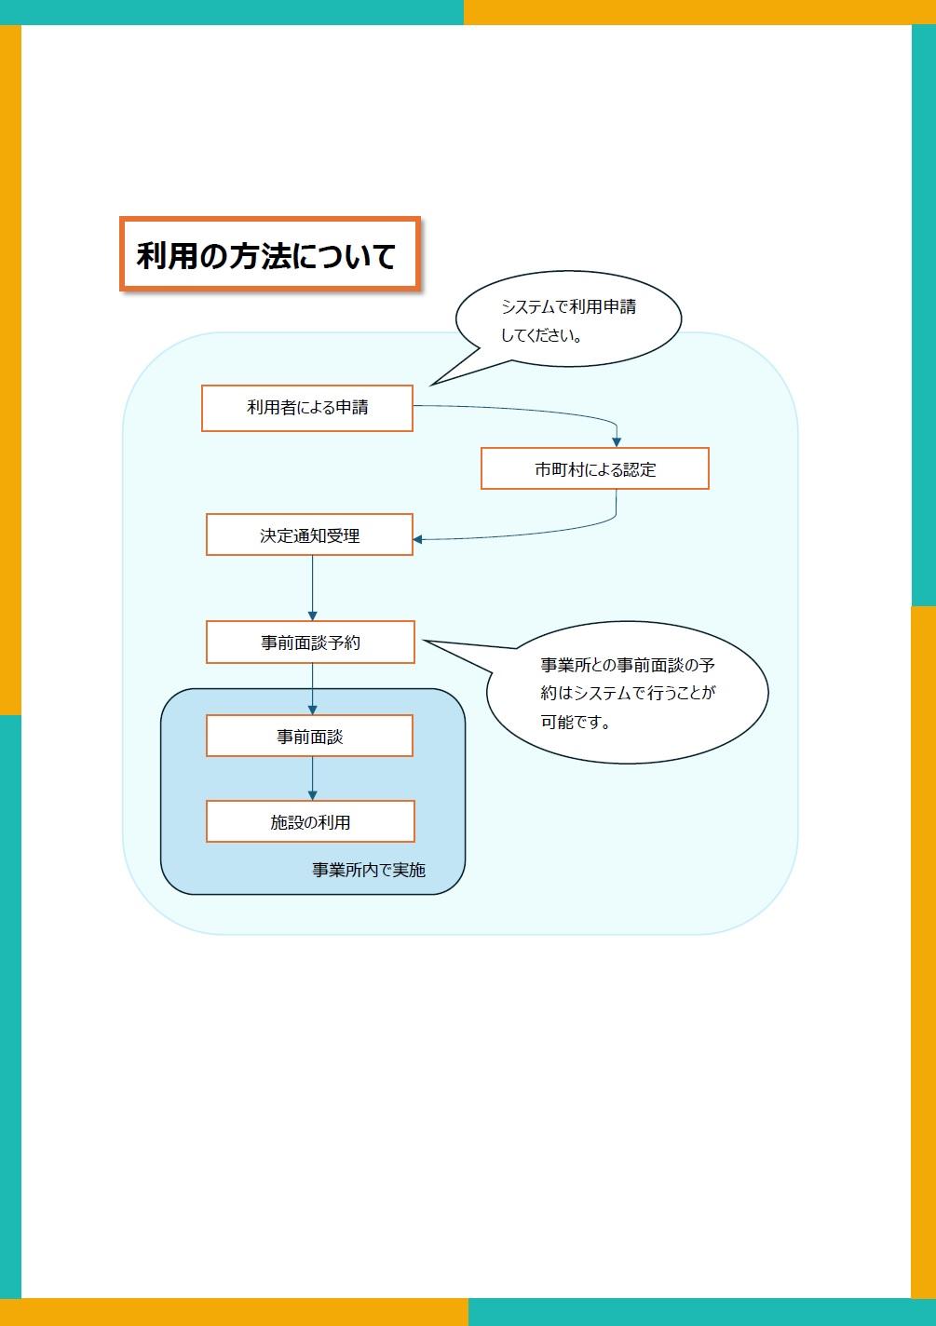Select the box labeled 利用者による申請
pos(306,408)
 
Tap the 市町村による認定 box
pos(594,469)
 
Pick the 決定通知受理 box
pos(309,535)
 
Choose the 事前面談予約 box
pos(310,643)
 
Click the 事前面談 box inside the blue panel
pos(309,737)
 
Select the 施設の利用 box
pos(310,822)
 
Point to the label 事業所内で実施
pos(369,870)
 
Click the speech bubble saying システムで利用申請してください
pos(568,319)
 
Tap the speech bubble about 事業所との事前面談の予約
pos(628,693)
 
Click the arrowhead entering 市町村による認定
pos(617,442)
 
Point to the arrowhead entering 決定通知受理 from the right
pos(418,539)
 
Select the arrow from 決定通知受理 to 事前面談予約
pos(312,589)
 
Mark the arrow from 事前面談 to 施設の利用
pos(312,778)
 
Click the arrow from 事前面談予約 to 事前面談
pos(312,689)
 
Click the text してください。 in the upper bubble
pos(542,335)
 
